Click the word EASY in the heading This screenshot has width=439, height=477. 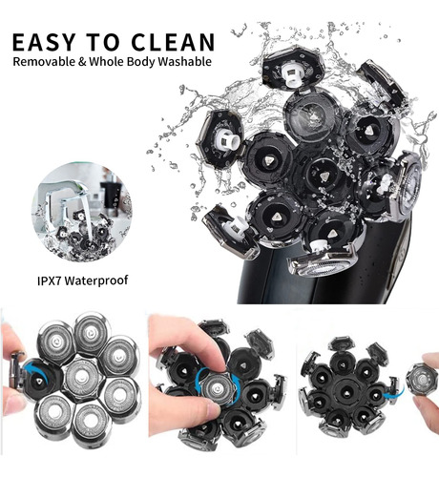pos(44,42)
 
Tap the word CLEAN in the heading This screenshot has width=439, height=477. pos(173,42)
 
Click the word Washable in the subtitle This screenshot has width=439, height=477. pos(184,61)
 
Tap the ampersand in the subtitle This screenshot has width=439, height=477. pos(82,62)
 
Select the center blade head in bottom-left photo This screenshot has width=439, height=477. pos(82,380)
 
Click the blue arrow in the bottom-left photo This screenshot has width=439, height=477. pos(34,370)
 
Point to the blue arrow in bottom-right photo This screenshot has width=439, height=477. pos(393,392)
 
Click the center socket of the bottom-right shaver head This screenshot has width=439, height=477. pos(345,393)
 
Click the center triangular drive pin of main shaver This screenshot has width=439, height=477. pos(324,176)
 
